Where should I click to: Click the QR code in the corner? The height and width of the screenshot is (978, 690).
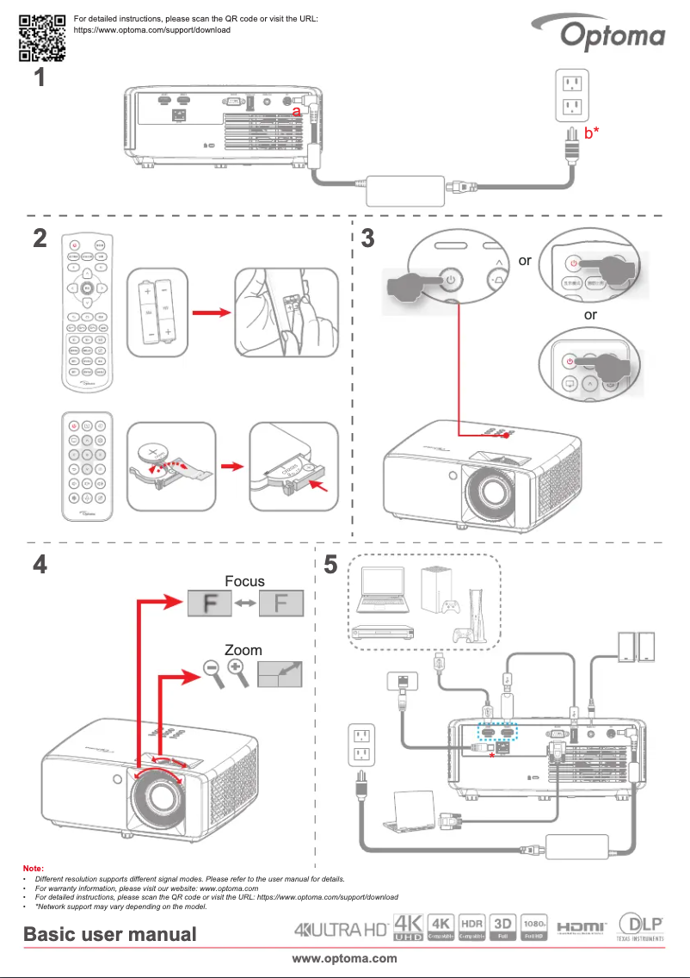(x=42, y=38)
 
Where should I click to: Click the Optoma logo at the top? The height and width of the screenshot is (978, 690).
(x=613, y=36)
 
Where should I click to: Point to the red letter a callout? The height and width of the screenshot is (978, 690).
(x=296, y=111)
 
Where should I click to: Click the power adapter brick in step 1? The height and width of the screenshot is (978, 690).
(x=404, y=189)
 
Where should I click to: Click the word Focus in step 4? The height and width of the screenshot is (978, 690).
(x=244, y=581)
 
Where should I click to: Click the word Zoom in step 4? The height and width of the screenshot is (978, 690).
(x=243, y=650)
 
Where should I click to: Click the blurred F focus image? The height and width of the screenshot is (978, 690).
(x=209, y=604)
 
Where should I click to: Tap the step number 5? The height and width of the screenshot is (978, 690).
(x=330, y=566)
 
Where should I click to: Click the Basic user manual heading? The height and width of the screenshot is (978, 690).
(x=110, y=934)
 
